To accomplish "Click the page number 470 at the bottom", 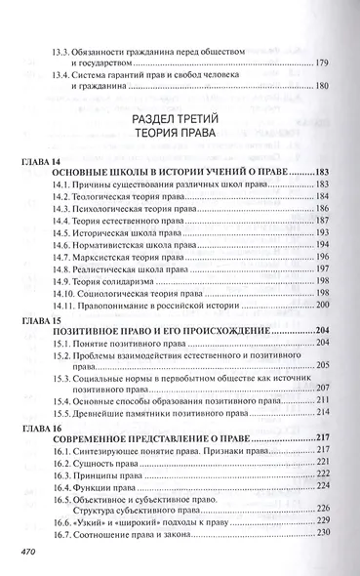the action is [20, 554].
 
